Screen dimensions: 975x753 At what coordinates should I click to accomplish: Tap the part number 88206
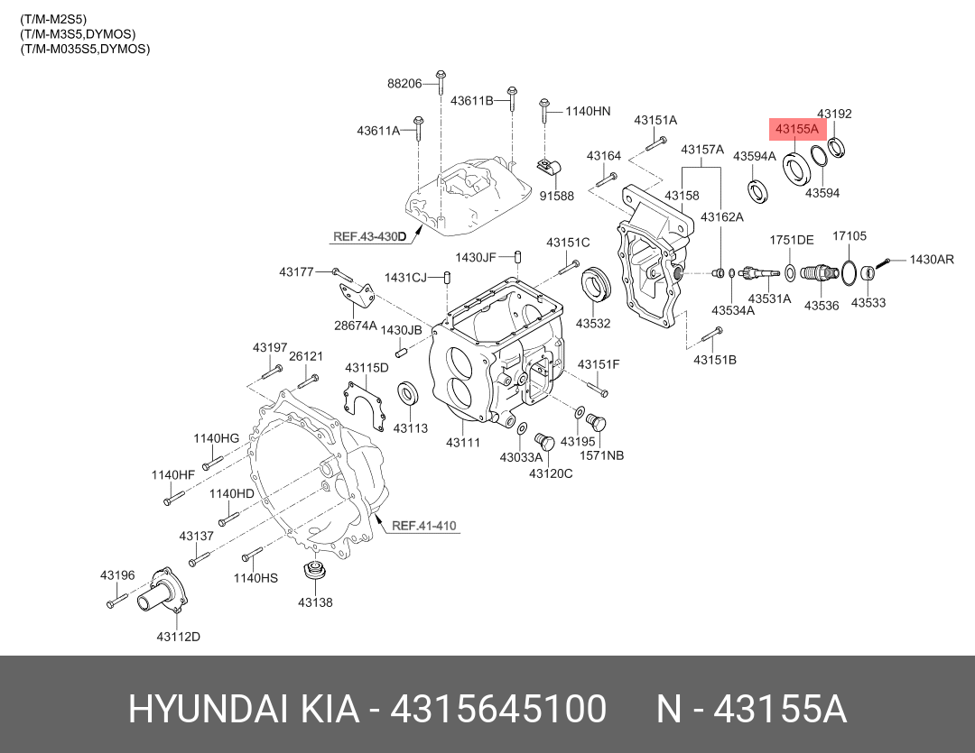(404, 83)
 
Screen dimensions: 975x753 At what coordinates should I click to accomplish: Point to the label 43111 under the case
(462, 443)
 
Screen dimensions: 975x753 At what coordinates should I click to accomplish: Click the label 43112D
(178, 637)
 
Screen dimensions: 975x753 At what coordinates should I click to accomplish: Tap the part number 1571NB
(602, 455)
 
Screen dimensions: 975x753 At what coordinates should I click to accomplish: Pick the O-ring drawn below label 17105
(849, 270)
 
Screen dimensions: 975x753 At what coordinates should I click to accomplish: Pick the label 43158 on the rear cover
(682, 196)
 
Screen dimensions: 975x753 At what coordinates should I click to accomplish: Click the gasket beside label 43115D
(366, 401)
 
